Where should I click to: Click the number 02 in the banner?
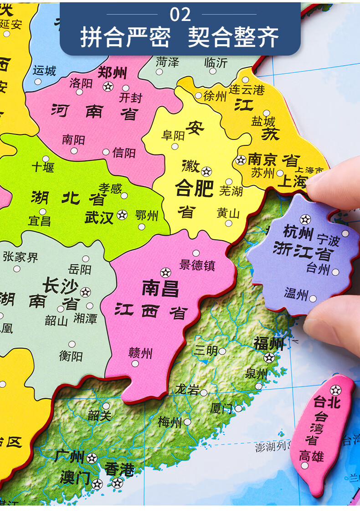(x=180, y=15)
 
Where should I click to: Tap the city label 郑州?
(x=113, y=72)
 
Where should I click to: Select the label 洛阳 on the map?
(x=81, y=83)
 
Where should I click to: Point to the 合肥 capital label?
(x=195, y=188)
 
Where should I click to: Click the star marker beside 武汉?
(x=122, y=214)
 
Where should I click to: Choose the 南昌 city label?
(x=160, y=289)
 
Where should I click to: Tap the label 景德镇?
(x=197, y=265)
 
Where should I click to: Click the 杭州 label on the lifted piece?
(x=298, y=232)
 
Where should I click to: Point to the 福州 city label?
(x=269, y=343)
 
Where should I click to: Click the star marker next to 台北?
(x=335, y=390)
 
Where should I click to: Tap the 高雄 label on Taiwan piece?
(x=311, y=455)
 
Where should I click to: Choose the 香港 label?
(x=119, y=469)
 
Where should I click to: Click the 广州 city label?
(x=69, y=456)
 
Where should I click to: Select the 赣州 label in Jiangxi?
(x=140, y=353)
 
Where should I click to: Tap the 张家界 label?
(x=20, y=257)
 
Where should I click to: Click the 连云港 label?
(x=247, y=89)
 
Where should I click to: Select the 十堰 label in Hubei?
(x=43, y=167)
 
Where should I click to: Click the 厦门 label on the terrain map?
(x=221, y=408)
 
